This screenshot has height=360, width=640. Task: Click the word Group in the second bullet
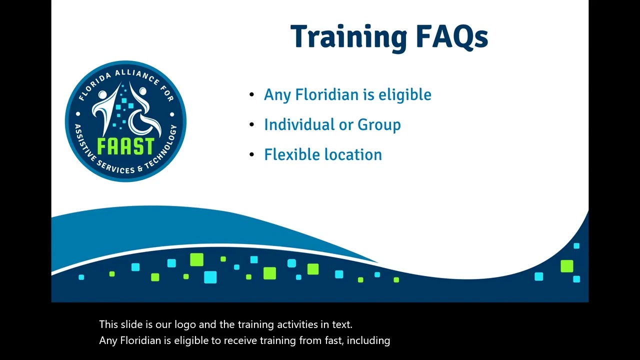[x=379, y=125]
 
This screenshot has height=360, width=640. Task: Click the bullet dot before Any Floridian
[x=251, y=95]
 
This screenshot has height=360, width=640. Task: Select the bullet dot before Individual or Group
[x=251, y=125]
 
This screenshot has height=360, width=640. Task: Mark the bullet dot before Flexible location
[x=251, y=155]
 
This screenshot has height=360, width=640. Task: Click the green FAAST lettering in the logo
[x=125, y=146]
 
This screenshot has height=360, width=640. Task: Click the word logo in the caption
[x=185, y=324]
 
